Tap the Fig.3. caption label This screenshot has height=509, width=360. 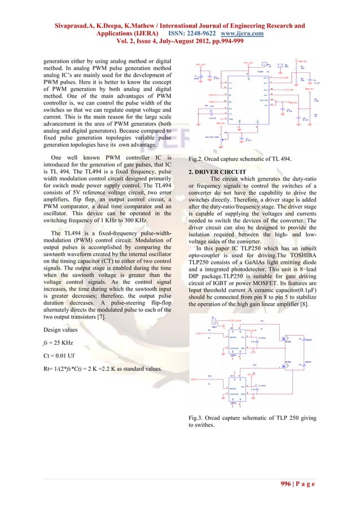click(197, 418)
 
